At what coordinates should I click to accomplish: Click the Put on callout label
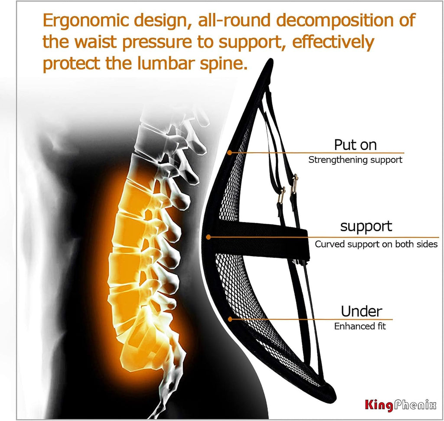355,144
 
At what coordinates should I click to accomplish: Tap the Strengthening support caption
355,160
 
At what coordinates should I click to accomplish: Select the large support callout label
366,226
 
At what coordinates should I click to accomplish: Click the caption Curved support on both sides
376,244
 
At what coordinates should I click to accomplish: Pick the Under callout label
361,311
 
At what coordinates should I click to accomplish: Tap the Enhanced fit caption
360,326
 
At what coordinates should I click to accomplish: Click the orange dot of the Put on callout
229,153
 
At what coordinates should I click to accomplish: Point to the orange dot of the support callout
209,237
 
